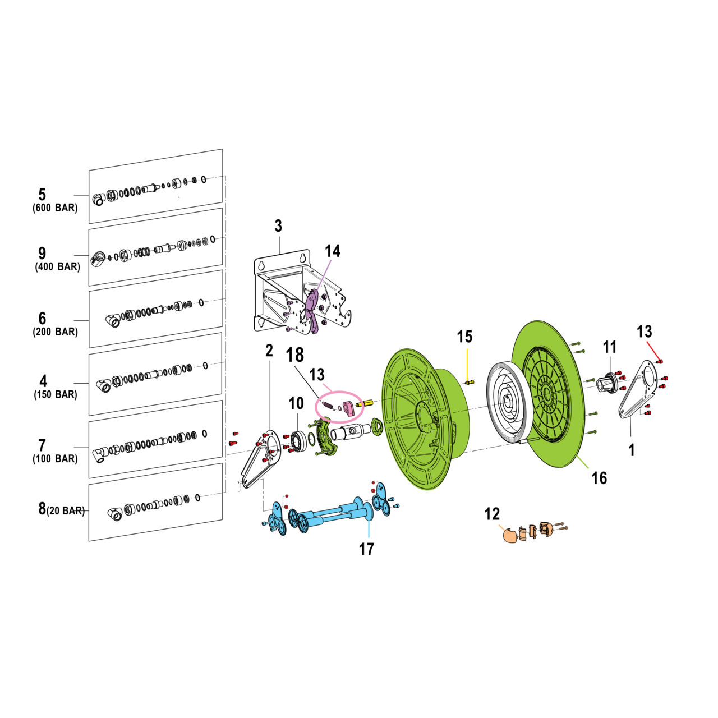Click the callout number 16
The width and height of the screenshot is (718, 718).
coord(599,478)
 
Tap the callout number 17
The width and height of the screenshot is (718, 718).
coord(366,549)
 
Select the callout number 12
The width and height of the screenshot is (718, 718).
coord(492,514)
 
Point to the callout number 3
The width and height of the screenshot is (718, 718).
coord(278,226)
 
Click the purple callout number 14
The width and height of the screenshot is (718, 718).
coord(333,251)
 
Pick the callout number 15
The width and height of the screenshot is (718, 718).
coord(464,337)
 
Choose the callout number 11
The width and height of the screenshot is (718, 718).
coord(610,347)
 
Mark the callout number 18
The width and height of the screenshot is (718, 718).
coord(295,355)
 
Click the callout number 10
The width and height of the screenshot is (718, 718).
coord(296,403)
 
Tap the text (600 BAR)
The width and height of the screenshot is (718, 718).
coord(55,208)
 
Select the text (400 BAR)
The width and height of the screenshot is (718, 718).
coord(58,267)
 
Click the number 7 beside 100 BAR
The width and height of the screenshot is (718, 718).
coord(42,445)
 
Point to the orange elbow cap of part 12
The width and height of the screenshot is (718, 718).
coord(509,535)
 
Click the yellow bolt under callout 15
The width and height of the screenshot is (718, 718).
coord(469,383)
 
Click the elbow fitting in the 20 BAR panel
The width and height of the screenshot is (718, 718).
coord(115,513)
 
